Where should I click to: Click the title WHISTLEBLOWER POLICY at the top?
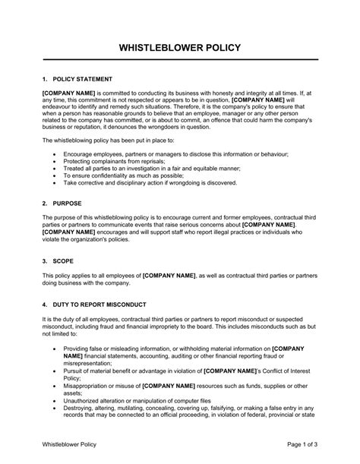click(x=180, y=47)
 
